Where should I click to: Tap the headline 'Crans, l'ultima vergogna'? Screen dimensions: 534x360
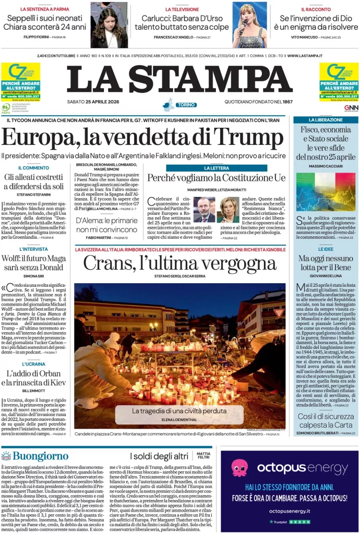click(x=179, y=263)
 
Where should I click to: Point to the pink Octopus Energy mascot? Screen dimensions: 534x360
click(x=239, y=468)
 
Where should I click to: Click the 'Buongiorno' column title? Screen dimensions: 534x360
click(x=33, y=456)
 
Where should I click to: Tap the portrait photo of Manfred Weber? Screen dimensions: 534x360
click(x=204, y=210)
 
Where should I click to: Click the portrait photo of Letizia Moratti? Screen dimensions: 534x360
click(x=228, y=210)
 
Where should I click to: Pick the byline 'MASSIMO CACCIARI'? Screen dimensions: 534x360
click(x=326, y=166)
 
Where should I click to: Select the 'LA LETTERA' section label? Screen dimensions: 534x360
click(x=216, y=168)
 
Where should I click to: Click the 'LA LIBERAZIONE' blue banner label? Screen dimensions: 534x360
click(x=326, y=120)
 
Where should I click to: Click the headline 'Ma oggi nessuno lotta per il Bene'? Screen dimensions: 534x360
click(x=326, y=263)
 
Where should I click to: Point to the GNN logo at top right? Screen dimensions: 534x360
click(x=351, y=107)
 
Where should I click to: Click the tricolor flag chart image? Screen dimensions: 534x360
click(x=326, y=191)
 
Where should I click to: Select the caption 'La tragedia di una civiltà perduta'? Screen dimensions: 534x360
click(x=179, y=411)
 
